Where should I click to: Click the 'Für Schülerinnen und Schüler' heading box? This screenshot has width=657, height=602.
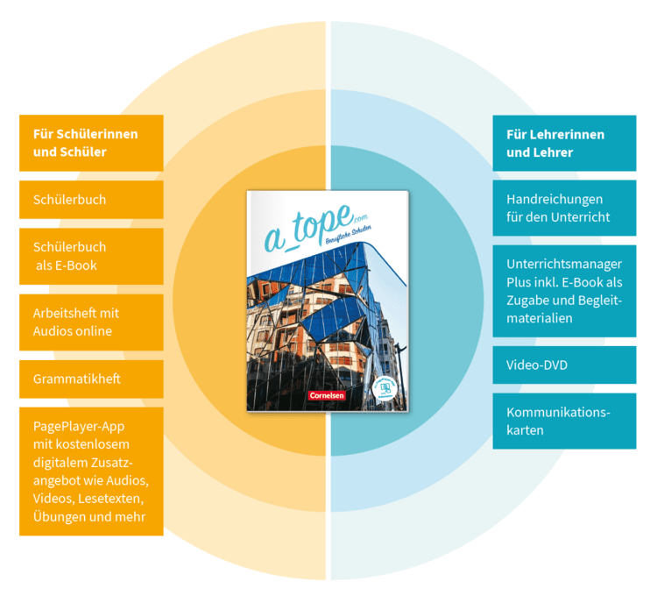pos(90,143)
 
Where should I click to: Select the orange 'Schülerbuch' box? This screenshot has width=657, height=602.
pos(90,200)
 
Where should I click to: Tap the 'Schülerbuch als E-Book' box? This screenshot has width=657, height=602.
pos(90,256)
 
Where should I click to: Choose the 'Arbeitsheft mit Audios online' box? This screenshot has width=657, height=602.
pos(90,322)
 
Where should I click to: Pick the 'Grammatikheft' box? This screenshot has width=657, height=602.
pos(90,379)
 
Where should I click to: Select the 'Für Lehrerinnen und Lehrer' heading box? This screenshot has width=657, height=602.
pos(564,143)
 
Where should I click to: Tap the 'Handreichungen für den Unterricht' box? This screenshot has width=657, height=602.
pos(564,208)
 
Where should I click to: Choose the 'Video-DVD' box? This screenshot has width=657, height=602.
pos(564,365)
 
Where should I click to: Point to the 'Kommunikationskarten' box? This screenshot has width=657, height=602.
pos(564,421)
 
